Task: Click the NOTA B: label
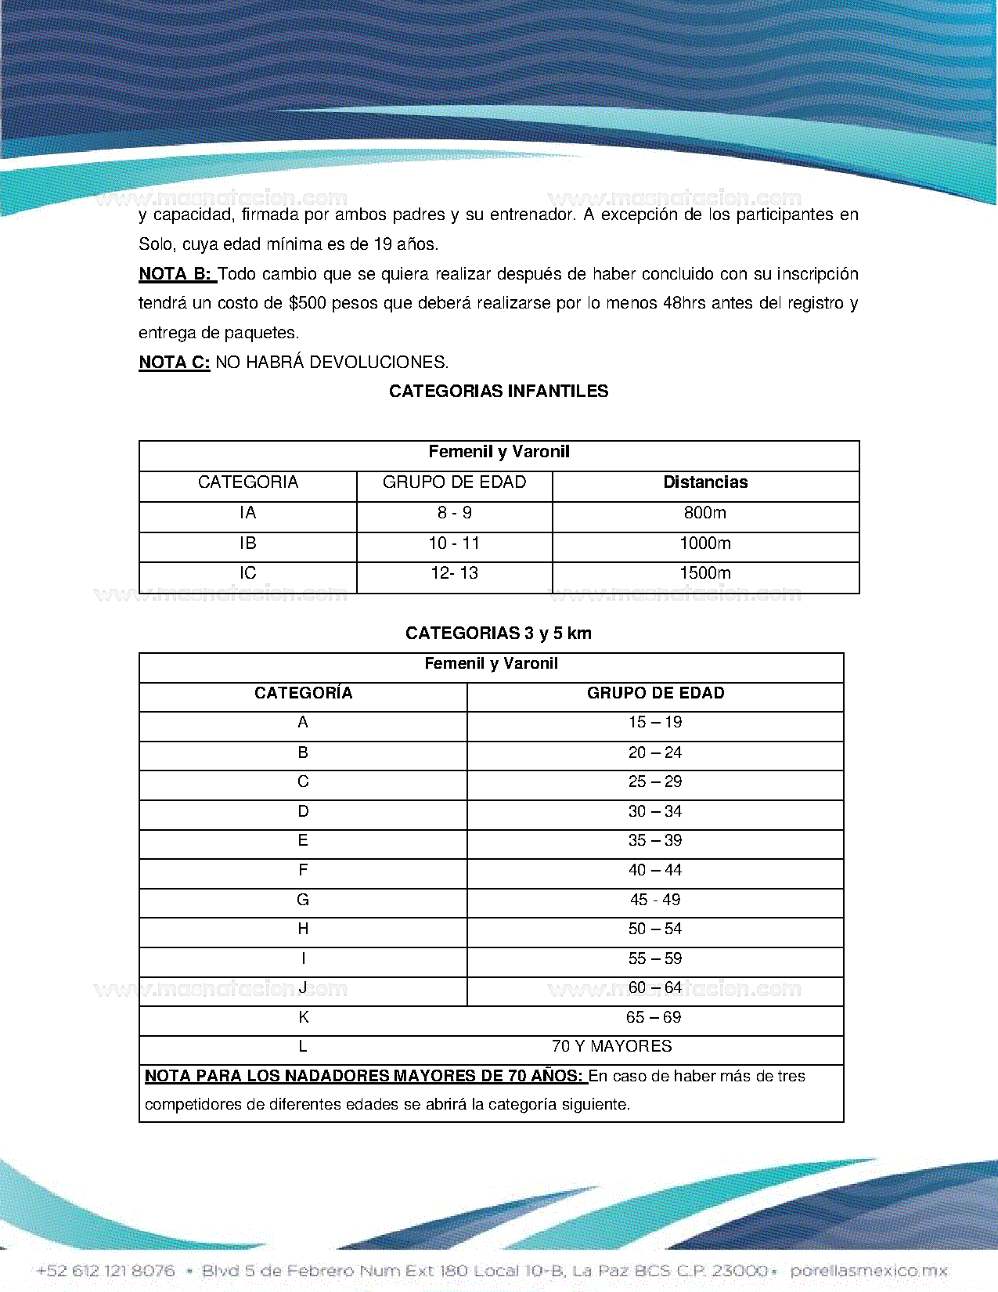175,274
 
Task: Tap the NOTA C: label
175,363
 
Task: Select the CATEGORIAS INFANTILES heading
499,392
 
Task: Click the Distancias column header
705,482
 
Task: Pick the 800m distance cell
705,513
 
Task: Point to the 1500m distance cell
705,573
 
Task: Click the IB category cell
248,543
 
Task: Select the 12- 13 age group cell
454,573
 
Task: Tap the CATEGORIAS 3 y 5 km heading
499,633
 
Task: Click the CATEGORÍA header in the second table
303,693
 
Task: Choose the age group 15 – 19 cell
655,722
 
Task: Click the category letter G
303,900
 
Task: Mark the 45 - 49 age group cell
655,900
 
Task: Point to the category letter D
303,811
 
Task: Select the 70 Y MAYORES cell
611,1046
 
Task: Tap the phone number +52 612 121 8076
106,1271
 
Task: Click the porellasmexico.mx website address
869,1271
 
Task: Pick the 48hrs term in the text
684,303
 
